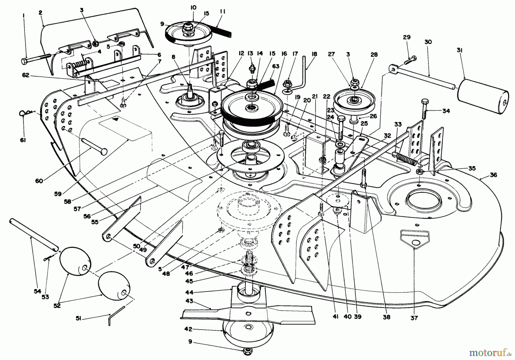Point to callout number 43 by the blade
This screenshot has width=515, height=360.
189,301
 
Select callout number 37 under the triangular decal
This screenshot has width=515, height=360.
414,318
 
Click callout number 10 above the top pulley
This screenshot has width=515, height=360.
193,7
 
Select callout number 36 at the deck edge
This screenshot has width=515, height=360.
494,175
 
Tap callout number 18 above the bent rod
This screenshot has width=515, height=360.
314,54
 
